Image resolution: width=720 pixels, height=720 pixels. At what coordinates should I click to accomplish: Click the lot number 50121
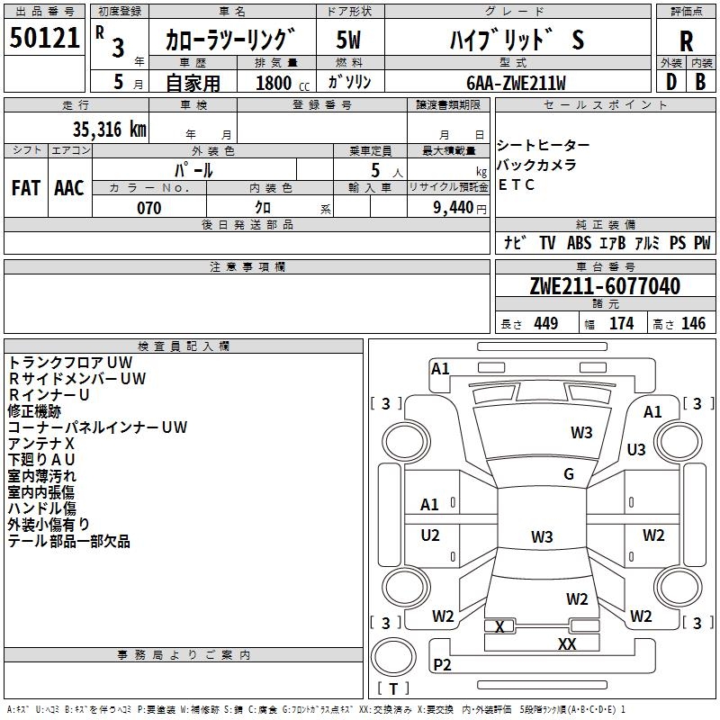click(x=44, y=38)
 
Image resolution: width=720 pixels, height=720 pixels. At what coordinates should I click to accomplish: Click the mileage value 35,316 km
click(x=110, y=130)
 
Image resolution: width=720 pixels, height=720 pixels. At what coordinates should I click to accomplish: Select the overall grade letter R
click(x=686, y=41)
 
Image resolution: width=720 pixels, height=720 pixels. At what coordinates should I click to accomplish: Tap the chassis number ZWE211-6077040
click(x=605, y=286)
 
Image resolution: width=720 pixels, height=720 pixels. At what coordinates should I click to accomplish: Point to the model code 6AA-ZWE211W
click(x=516, y=83)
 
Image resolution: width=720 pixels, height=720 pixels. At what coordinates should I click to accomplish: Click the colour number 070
click(x=149, y=208)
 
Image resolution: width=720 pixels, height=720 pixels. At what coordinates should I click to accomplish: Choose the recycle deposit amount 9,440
click(x=454, y=208)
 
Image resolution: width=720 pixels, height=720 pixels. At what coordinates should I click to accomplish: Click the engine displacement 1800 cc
click(x=283, y=83)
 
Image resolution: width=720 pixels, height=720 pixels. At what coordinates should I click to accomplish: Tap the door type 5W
click(x=348, y=40)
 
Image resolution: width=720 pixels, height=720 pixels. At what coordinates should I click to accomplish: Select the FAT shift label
click(x=26, y=188)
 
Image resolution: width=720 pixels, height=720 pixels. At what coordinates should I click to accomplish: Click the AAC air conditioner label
click(x=69, y=188)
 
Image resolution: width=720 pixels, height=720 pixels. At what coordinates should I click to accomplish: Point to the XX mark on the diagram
click(x=567, y=644)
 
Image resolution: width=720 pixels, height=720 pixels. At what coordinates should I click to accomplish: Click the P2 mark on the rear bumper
click(x=442, y=664)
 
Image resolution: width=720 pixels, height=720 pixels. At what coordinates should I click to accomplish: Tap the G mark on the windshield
click(x=569, y=473)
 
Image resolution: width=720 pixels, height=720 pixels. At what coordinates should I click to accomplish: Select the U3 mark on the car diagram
click(x=636, y=449)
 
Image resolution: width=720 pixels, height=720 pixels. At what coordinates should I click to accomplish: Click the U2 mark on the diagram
click(x=430, y=535)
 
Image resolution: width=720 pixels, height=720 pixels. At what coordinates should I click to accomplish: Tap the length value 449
click(x=546, y=324)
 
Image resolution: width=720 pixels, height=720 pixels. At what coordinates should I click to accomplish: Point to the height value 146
click(x=693, y=324)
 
